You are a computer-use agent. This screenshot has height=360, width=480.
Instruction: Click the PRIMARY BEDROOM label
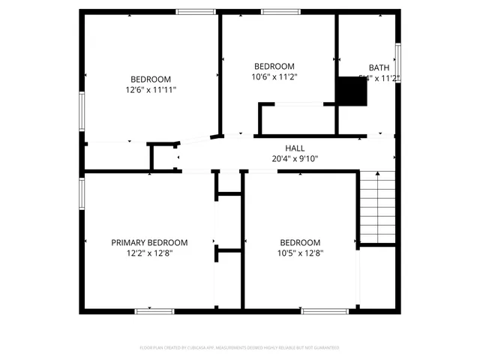click(149, 242)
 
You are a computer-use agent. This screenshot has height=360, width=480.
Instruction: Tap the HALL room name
click(294, 148)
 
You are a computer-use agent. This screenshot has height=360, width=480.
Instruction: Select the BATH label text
click(379, 67)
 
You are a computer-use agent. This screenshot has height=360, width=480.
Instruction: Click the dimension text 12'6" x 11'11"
click(151, 89)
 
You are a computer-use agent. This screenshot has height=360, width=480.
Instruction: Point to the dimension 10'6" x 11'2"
click(274, 76)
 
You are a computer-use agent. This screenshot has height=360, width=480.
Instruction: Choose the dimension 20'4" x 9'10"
click(295, 158)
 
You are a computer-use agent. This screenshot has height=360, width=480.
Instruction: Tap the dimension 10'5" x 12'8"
click(300, 253)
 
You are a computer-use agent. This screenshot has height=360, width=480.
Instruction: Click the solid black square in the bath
click(351, 91)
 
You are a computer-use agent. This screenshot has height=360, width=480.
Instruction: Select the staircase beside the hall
click(377, 206)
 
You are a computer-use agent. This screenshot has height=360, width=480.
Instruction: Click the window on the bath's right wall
click(397, 63)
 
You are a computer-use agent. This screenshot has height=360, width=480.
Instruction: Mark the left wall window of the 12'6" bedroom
click(82, 111)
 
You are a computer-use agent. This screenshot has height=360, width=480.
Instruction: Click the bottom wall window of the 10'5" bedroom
click(325, 310)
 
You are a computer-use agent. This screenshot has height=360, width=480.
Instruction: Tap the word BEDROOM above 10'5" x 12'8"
click(300, 242)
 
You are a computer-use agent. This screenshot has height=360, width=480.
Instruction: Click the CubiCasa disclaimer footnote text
click(239, 348)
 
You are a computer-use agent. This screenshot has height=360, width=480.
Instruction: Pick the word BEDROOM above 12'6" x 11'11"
click(151, 79)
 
